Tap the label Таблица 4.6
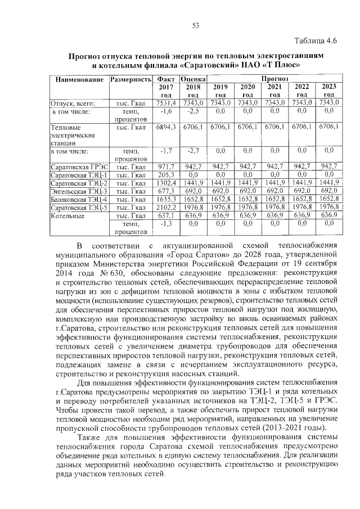316,42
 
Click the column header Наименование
79,80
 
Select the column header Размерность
131,80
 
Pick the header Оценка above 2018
192,79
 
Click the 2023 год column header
328,91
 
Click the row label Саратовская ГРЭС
79,166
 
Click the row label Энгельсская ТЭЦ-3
79,191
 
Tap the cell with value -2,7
192,151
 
